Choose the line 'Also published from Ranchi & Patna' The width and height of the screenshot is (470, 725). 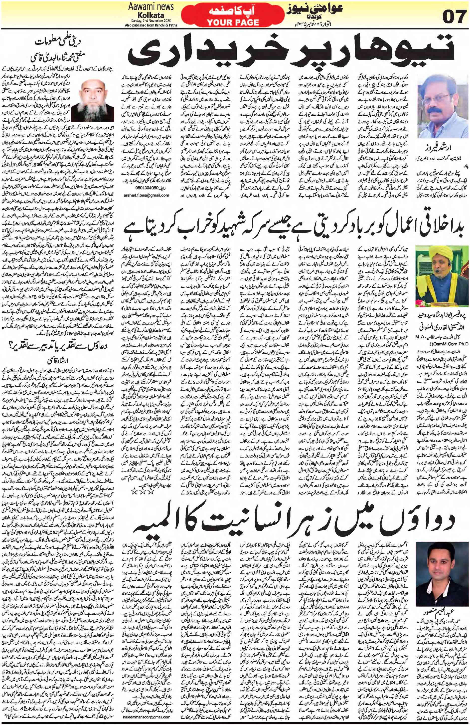149,25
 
